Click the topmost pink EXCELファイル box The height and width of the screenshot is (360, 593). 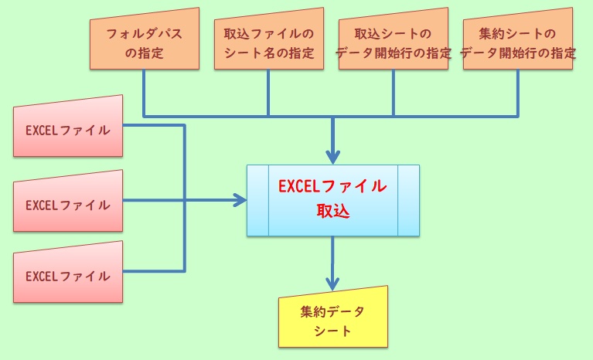click(69, 128)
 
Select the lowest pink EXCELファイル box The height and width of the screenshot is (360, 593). click(69, 274)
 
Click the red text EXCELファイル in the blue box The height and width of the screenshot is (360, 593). click(332, 186)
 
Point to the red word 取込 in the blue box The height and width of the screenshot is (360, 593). click(332, 211)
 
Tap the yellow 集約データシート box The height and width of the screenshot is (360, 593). click(332, 320)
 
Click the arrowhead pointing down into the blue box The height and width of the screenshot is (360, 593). click(332, 156)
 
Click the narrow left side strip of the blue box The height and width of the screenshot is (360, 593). click(257, 200)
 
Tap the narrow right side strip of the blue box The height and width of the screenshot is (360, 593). click(408, 200)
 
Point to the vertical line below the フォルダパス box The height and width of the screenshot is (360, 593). click(145, 93)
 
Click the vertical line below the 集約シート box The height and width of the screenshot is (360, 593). click(518, 93)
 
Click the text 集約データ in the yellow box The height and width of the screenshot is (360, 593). click(332, 312)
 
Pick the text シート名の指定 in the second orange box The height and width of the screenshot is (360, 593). click(268, 53)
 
